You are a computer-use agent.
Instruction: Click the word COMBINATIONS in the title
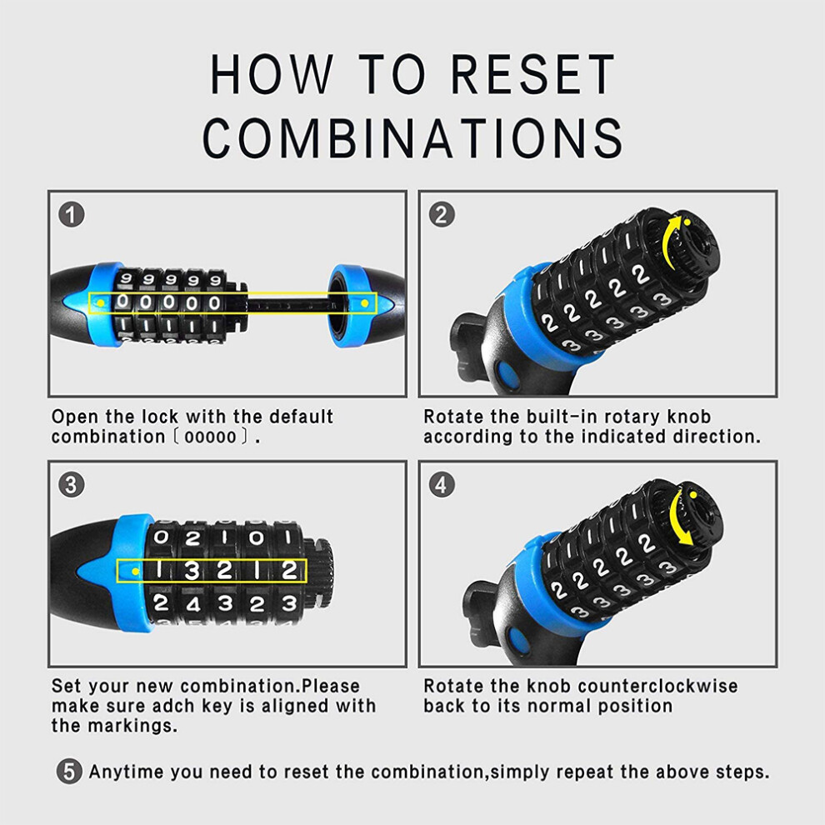point(412,137)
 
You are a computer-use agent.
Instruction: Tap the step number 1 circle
point(71,215)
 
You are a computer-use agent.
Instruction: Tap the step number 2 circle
point(442,215)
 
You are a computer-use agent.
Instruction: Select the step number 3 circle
point(71,484)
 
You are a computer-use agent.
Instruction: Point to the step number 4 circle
point(442,484)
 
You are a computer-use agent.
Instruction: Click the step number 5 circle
point(69,772)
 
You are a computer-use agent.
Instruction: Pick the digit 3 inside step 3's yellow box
point(192,571)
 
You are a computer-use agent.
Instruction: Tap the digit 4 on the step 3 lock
point(192,604)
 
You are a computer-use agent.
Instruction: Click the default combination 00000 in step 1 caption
point(211,437)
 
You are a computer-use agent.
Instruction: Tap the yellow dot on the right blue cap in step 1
point(365,303)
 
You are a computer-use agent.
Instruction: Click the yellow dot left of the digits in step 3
point(136,572)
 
